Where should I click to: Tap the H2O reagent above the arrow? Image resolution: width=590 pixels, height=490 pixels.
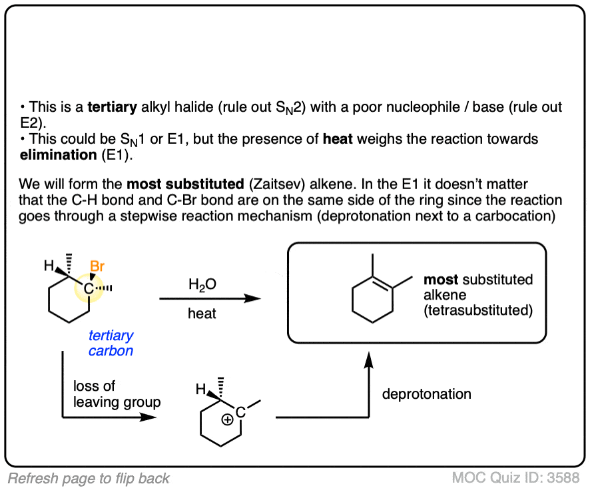pyautogui.click(x=202, y=284)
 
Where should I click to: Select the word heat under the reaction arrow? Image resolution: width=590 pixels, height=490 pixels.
pyautogui.click(x=202, y=313)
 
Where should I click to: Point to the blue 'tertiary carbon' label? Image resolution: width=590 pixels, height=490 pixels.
pyautogui.click(x=111, y=343)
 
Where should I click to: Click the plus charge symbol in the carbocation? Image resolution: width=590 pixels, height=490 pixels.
pyautogui.click(x=227, y=420)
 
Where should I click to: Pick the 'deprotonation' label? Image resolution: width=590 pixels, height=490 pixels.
pyautogui.click(x=426, y=394)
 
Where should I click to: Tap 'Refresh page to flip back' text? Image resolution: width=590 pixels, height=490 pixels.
pyautogui.click(x=89, y=478)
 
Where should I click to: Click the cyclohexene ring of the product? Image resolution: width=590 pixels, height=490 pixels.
pyautogui.click(x=371, y=296)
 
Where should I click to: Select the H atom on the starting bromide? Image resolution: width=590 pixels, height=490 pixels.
pyautogui.click(x=49, y=266)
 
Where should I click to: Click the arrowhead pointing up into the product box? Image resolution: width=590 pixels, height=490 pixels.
pyautogui.click(x=367, y=360)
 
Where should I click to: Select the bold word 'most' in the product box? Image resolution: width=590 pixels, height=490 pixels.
pyautogui.click(x=442, y=279)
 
